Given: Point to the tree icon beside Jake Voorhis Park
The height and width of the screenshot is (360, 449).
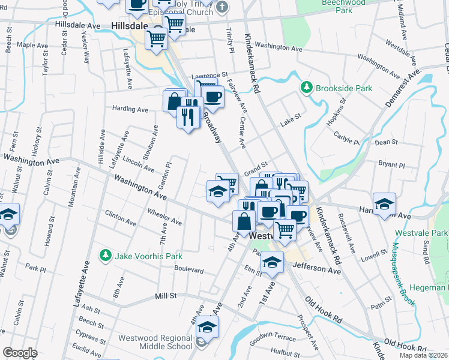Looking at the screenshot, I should (106, 256).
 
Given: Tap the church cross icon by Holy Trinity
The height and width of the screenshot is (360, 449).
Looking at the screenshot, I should (222, 7).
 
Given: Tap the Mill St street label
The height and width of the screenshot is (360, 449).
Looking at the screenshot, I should (165, 296).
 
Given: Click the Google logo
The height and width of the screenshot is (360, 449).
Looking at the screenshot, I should (19, 353).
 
